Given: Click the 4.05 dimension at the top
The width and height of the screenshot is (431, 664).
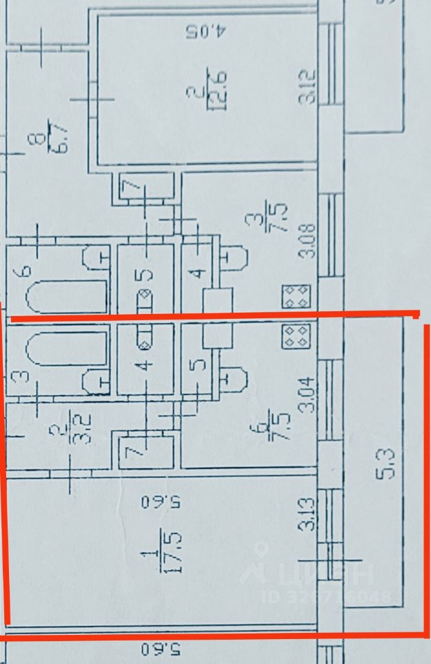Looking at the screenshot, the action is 205,32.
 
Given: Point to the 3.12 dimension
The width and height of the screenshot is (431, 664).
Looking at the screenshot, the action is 307,87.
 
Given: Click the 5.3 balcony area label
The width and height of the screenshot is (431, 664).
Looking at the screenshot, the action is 387,463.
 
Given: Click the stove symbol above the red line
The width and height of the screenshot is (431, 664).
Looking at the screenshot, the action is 296,297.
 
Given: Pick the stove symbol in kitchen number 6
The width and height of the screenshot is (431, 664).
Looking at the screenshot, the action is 296,336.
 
